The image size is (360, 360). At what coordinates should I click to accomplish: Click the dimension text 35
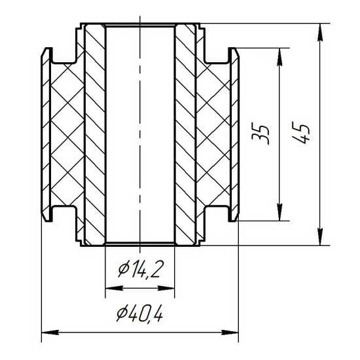(x=260, y=134)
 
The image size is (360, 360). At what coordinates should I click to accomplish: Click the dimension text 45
(x=301, y=133)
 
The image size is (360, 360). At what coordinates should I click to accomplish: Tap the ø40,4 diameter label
(x=139, y=313)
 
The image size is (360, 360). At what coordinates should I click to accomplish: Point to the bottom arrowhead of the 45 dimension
(x=320, y=236)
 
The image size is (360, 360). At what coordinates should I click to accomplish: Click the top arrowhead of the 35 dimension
(x=279, y=57)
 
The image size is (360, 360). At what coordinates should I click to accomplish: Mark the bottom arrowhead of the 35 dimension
(x=279, y=212)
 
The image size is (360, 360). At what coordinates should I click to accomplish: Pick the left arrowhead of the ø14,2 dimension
(x=115, y=288)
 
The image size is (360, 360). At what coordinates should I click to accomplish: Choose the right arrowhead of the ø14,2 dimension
(x=166, y=288)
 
